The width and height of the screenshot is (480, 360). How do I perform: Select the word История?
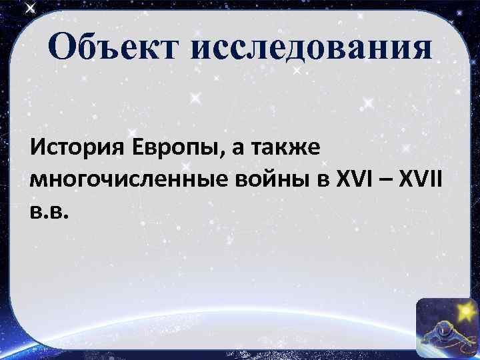(75, 146)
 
